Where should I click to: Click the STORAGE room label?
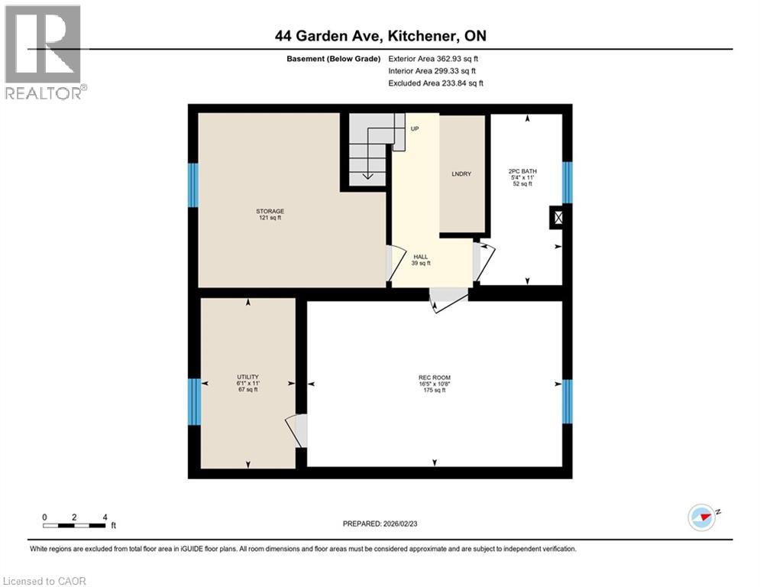pyautogui.click(x=270, y=214)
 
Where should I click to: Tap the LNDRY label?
pyautogui.click(x=461, y=174)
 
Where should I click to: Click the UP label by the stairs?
pyautogui.click(x=415, y=128)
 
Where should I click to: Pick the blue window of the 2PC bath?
pyautogui.click(x=567, y=183)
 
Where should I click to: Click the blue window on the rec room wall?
pyautogui.click(x=567, y=401)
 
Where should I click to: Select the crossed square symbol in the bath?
pyautogui.click(x=559, y=219)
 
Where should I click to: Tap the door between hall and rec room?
pyautogui.click(x=448, y=300)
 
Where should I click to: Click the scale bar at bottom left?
pyautogui.click(x=75, y=524)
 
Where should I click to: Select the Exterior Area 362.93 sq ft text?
pyautogui.click(x=433, y=59)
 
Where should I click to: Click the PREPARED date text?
pyautogui.click(x=380, y=524)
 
